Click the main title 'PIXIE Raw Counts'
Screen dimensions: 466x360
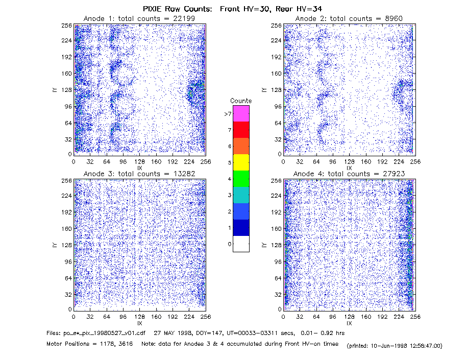(x=178, y=9)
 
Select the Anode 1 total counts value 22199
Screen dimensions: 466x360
(x=184, y=18)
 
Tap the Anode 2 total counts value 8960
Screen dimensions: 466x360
(x=394, y=18)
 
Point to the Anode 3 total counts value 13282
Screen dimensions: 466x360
(x=184, y=174)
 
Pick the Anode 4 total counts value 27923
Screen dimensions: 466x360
(x=394, y=174)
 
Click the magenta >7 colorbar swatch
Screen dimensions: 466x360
(x=241, y=113)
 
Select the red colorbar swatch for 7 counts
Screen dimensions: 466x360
(x=241, y=130)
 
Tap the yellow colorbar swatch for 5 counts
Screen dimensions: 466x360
(x=241, y=162)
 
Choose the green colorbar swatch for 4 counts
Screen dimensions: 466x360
(x=241, y=179)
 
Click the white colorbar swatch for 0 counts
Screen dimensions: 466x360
(x=241, y=244)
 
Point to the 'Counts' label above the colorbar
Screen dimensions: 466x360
(x=241, y=101)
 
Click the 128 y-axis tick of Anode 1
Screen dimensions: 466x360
(x=67, y=90)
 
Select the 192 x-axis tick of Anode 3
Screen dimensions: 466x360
(x=173, y=317)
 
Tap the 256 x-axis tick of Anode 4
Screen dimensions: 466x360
(x=415, y=317)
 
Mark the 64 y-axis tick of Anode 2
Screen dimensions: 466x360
(x=278, y=123)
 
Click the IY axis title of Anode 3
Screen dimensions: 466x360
(x=55, y=245)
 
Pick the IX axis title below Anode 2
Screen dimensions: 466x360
(x=349, y=168)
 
